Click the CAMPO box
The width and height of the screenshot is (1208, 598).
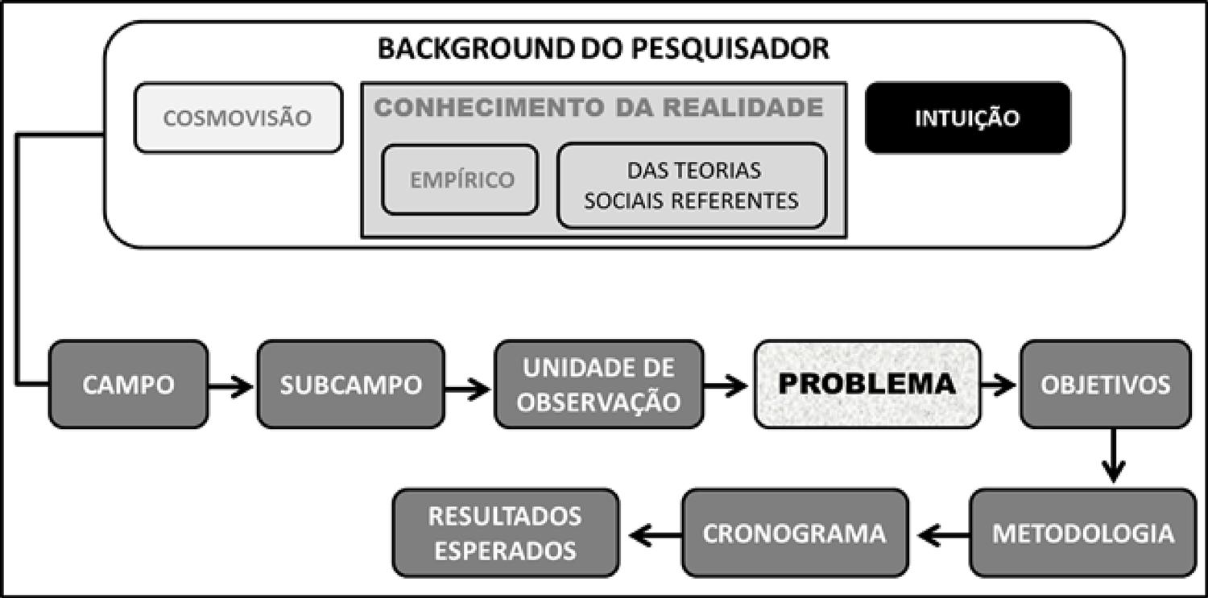128,385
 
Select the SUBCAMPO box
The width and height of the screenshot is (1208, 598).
350,385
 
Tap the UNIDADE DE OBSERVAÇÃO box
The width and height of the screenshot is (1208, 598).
598,385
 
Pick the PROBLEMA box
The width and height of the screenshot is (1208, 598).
867,384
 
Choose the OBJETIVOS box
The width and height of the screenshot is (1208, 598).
1105,385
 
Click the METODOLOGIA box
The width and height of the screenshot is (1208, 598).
1082,533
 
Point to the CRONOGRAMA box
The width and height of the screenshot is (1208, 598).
796,533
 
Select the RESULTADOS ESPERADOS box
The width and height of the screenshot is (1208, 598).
505,533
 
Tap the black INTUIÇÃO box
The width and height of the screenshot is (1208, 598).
967,118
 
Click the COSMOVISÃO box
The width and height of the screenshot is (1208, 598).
238,118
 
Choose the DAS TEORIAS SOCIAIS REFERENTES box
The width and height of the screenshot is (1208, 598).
692,186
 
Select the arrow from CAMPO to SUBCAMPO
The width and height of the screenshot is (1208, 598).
232,388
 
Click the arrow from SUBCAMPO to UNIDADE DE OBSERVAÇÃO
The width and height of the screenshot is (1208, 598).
468,390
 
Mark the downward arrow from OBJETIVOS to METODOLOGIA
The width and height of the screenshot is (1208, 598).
1112,456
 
